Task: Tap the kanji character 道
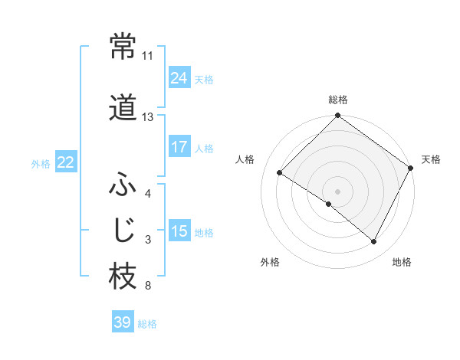click(123, 108)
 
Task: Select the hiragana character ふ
click(123, 185)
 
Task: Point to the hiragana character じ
click(123, 230)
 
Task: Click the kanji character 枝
click(123, 277)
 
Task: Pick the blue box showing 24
click(179, 78)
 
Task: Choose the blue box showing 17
click(179, 147)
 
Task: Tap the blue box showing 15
click(179, 231)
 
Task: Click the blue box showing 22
click(65, 162)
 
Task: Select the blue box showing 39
click(122, 322)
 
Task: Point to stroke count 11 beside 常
click(147, 56)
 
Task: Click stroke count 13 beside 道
click(147, 117)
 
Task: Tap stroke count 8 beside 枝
click(147, 286)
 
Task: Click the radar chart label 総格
click(337, 100)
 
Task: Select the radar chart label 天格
click(431, 159)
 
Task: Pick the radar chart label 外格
click(270, 263)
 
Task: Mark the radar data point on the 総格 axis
click(337, 116)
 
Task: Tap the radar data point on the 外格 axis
click(329, 204)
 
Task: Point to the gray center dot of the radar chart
click(337, 191)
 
